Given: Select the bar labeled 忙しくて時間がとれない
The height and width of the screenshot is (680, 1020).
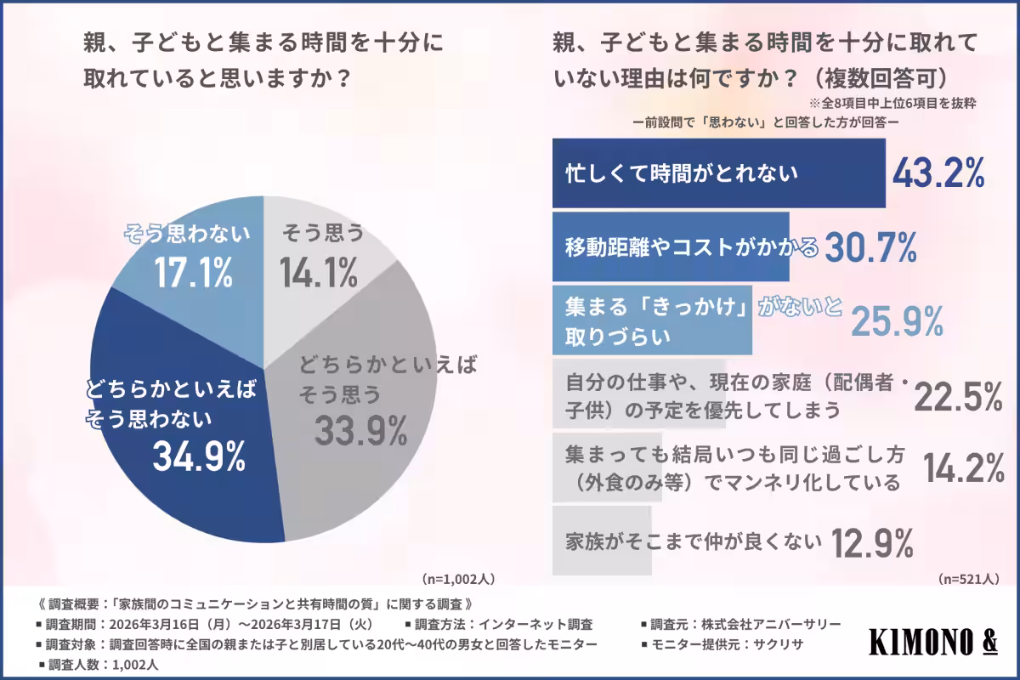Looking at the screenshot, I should (x=718, y=173).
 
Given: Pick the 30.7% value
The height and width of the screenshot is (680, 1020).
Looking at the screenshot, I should (x=870, y=247).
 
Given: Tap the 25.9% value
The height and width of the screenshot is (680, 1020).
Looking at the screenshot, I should (x=898, y=320).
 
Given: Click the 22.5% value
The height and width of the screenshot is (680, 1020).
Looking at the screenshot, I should (x=958, y=395).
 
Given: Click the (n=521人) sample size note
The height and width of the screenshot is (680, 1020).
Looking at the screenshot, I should (x=968, y=579).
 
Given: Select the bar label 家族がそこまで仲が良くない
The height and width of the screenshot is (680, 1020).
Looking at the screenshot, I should (x=694, y=541).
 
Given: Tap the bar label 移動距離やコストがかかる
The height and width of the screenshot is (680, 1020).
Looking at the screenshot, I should (x=692, y=247).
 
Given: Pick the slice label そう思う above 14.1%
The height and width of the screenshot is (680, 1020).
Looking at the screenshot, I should (x=321, y=231).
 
